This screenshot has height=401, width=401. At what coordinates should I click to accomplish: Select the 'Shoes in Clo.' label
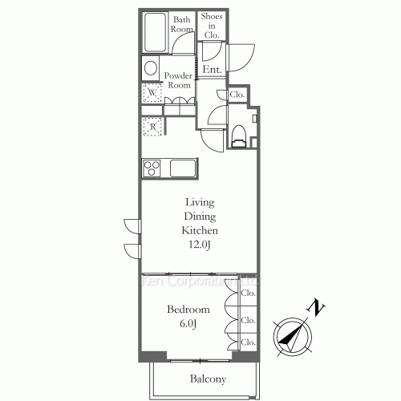tap(213, 25)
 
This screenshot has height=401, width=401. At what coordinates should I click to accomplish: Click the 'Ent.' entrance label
tap(212, 70)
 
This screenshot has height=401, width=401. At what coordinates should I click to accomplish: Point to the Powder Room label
tap(177, 80)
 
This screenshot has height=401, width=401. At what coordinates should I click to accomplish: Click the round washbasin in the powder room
tap(150, 69)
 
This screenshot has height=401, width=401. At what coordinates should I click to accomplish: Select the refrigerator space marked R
tap(152, 126)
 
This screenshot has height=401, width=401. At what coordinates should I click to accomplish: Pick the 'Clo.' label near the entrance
tap(237, 95)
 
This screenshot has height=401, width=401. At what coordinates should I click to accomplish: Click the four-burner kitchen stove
tap(152, 168)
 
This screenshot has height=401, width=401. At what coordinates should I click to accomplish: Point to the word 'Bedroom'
tap(188, 309)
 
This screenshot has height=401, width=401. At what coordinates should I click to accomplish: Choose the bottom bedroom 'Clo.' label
tap(249, 342)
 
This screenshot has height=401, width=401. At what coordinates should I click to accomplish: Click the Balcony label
tap(208, 379)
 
